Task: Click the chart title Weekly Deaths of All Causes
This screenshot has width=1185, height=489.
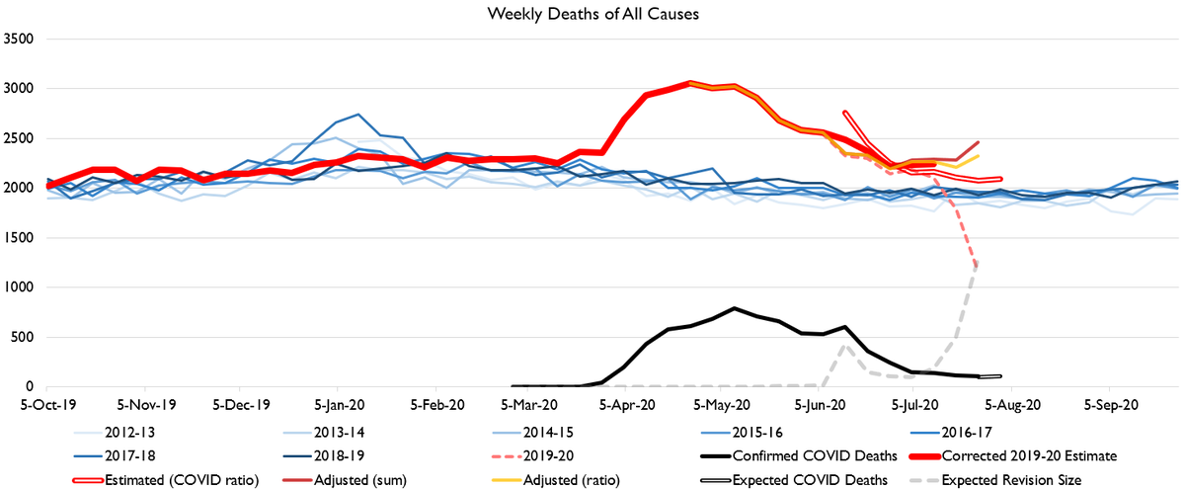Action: click(592, 14)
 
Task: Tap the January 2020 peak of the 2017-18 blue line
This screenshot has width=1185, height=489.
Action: click(357, 115)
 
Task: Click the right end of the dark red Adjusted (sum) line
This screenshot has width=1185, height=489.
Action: click(978, 142)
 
